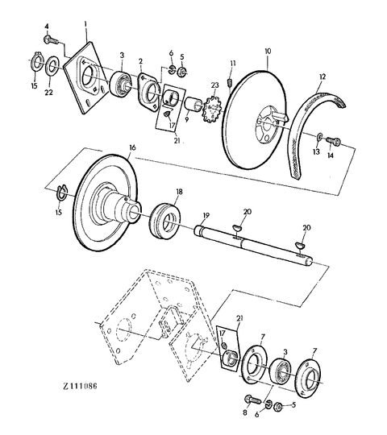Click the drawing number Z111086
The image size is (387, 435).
[81, 386]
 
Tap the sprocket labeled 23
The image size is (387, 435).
[212, 110]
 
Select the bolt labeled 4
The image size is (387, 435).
[51, 39]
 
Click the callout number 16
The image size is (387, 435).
[132, 148]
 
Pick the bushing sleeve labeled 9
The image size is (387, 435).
[193, 103]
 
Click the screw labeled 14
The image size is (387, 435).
[333, 141]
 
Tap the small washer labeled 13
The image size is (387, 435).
[320, 136]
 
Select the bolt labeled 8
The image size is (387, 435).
[252, 400]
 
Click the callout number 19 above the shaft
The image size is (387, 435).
[206, 216]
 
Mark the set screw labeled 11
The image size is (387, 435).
[230, 82]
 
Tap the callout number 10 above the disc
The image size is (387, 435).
[268, 51]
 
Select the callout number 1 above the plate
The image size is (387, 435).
[85, 24]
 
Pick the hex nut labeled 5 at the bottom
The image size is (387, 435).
[278, 407]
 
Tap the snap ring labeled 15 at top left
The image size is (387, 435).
[35, 63]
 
